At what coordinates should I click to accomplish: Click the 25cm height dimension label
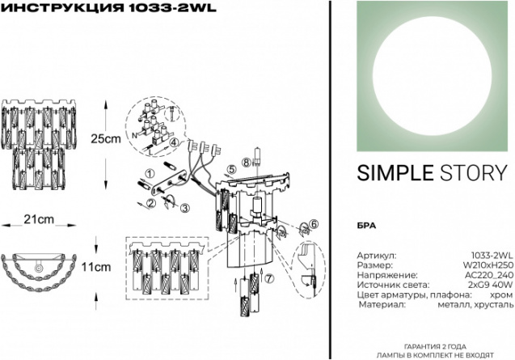tap(106, 139)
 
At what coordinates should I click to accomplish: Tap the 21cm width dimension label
tap(39, 219)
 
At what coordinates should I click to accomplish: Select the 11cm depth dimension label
tap(96, 267)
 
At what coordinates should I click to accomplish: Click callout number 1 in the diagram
tap(150, 173)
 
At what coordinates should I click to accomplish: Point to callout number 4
tap(175, 142)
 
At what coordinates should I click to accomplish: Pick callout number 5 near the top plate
tap(232, 170)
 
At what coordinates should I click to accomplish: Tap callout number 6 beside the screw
tap(314, 224)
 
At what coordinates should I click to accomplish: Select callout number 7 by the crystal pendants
tap(269, 278)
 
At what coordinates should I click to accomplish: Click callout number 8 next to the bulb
tap(247, 162)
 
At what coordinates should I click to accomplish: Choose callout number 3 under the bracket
tap(185, 208)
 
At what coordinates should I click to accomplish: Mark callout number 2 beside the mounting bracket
tap(151, 203)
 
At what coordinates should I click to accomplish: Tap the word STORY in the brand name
tap(474, 173)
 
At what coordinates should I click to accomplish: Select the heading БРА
tap(366, 226)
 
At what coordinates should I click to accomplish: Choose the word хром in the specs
tap(503, 294)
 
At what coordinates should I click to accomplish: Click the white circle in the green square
tap(433, 75)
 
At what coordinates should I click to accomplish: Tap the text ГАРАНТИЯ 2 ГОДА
tap(435, 346)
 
